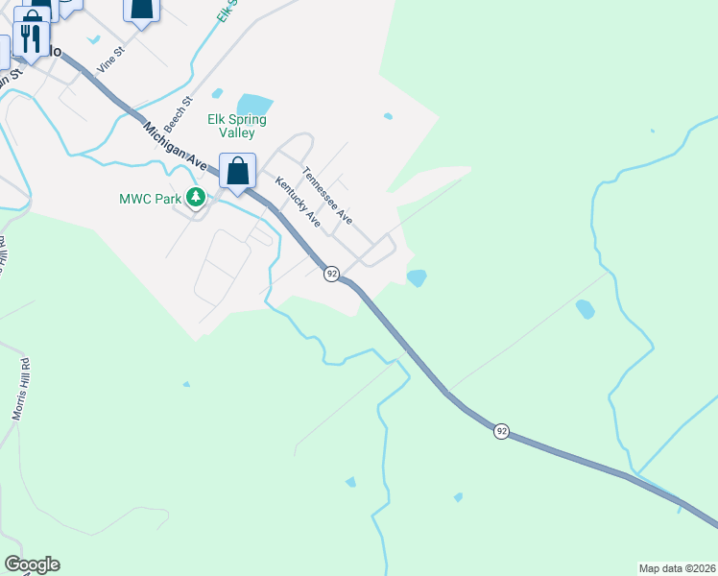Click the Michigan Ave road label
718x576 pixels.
coord(176,146)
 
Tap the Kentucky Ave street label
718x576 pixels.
coord(297,202)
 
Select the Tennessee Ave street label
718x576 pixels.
coord(327,197)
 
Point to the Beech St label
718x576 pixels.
coord(179,113)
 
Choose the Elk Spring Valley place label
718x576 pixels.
coord(236,127)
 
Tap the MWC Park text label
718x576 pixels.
coord(150,199)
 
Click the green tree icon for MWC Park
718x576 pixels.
coord(197,198)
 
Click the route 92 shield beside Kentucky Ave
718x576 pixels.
coord(331,274)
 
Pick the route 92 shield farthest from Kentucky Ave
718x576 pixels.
coord(501,431)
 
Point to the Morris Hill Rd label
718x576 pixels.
coord(20,389)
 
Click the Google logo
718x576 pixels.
coord(32,564)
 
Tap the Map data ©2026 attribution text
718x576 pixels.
coord(678,567)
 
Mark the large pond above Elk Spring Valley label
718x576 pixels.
coord(254,104)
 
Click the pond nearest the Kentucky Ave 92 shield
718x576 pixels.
coord(417,277)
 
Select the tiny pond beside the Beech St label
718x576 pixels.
coord(217,94)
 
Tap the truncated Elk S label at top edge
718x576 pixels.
coord(224,12)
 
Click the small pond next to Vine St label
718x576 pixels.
coord(93,39)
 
